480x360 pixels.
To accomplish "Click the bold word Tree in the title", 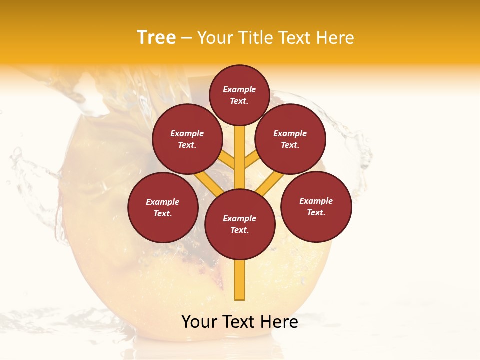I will click(156, 37).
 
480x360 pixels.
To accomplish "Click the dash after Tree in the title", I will click(186, 38).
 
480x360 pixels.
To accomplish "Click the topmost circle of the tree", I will click(239, 95).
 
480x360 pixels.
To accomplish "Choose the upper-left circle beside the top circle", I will click(187, 139).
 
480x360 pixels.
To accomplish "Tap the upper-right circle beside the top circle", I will click(290, 139).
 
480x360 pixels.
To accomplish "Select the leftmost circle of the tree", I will click(163, 207).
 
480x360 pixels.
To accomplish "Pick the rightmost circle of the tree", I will click(316, 206).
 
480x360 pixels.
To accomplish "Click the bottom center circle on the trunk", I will click(239, 224).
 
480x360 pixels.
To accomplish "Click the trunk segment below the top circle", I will click(239, 150).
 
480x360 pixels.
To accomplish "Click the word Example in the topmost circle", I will click(239, 90).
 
